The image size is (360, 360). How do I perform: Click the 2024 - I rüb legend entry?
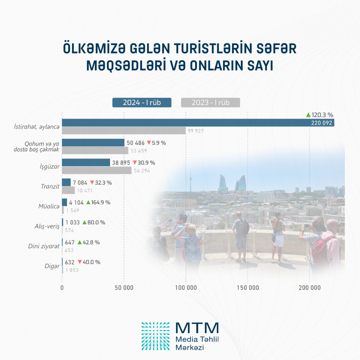point(141,103)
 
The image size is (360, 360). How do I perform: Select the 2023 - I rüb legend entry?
point(210,103)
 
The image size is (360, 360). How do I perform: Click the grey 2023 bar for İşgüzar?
point(97,171)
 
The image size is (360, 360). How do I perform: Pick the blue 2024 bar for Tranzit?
point(66,182)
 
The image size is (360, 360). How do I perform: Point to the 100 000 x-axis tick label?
point(186,288)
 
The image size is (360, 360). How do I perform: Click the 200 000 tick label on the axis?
point(309,288)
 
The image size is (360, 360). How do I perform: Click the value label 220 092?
point(321,123)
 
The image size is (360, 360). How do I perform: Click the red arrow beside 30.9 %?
point(135,163)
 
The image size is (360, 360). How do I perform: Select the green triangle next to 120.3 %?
point(308,115)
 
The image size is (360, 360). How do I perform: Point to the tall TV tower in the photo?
point(190,183)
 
